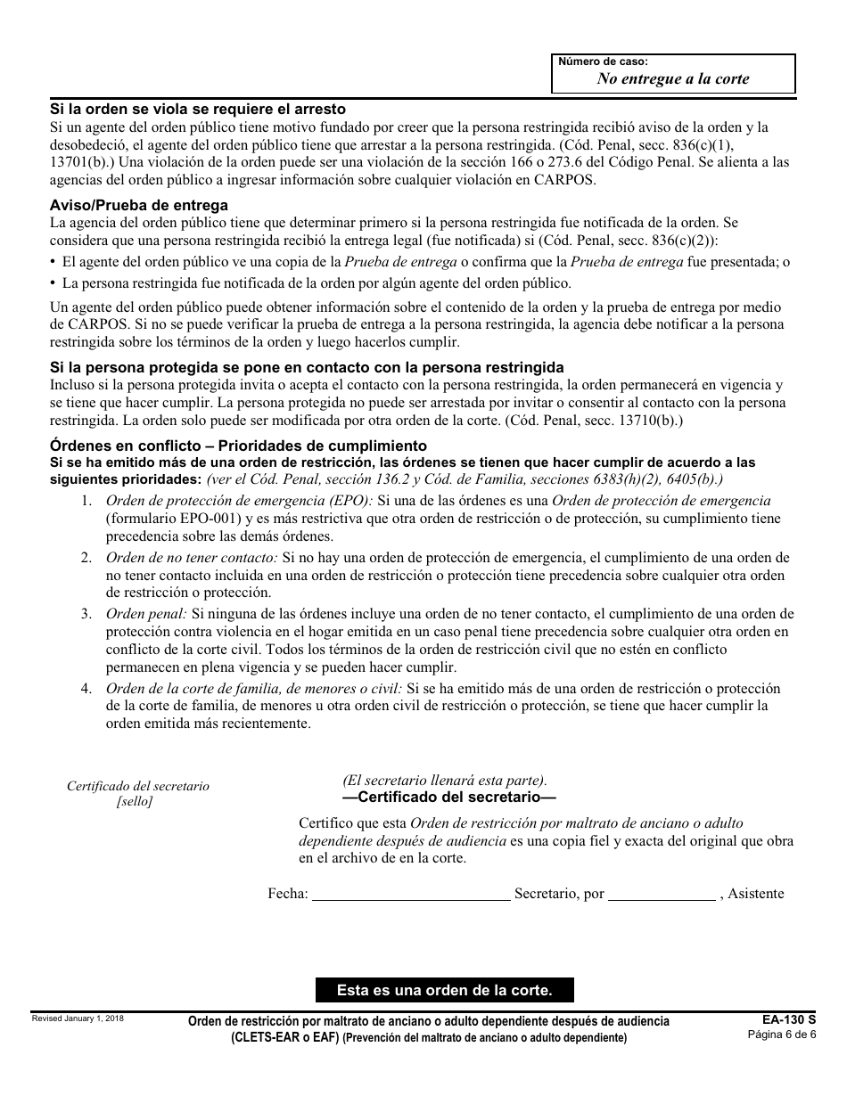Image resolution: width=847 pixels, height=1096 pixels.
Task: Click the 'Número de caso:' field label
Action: [603, 62]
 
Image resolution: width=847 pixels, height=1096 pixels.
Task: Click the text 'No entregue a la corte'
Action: [672, 78]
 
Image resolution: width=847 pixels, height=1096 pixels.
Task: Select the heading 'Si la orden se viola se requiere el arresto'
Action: [197, 110]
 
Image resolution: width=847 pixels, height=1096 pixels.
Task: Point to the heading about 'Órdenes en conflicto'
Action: [238, 446]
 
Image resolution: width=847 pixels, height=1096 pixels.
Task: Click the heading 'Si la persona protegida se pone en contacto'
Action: [307, 367]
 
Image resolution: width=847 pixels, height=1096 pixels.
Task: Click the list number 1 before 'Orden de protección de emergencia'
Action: [86, 501]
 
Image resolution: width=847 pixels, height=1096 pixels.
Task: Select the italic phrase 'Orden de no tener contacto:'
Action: [192, 558]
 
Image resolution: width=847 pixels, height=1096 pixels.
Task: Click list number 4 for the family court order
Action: [86, 689]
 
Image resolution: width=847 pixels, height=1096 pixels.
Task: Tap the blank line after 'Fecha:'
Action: [411, 893]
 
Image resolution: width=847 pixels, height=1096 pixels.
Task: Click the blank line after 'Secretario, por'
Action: [662, 893]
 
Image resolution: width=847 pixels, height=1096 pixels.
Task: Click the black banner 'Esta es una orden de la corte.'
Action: [445, 990]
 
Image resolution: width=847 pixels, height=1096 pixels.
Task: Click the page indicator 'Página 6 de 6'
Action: [781, 1035]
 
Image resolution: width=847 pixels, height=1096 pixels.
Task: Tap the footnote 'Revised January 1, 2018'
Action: [78, 1018]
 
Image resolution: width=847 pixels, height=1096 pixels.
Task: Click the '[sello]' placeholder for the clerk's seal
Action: [135, 801]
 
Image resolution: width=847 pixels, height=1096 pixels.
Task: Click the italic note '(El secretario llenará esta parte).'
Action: [445, 780]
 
